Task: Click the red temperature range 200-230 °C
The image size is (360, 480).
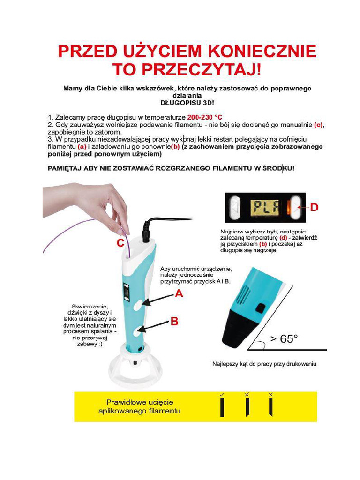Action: click(204, 117)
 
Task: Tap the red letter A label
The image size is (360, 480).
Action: click(179, 294)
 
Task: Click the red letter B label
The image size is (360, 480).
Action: click(174, 322)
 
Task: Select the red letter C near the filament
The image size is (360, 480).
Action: click(120, 243)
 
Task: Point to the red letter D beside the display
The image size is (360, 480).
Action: click(314, 207)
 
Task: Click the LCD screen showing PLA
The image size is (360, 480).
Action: click(265, 207)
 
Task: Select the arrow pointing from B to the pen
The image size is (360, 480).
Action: click(153, 327)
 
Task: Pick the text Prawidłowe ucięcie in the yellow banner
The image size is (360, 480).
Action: click(140, 402)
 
